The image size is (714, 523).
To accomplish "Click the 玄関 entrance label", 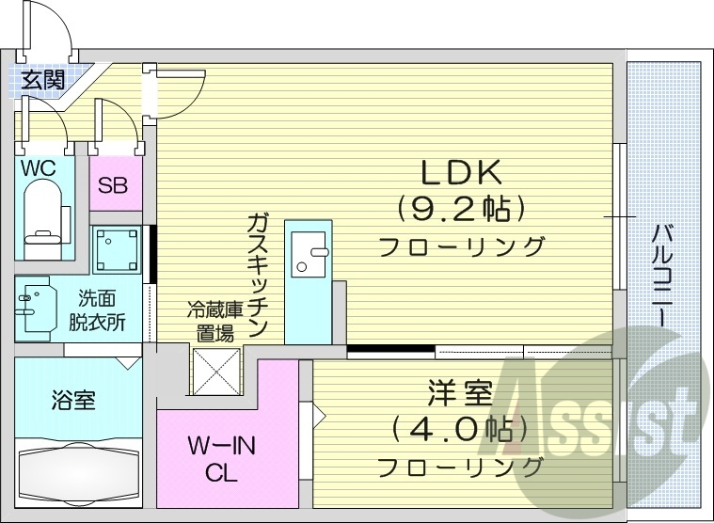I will point(42,79).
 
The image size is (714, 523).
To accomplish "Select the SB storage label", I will point(116,183).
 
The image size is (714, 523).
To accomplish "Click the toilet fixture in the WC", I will point(42,214).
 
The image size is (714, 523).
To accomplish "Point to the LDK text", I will point(463,172).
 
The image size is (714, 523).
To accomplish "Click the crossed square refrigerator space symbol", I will point(216,371).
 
